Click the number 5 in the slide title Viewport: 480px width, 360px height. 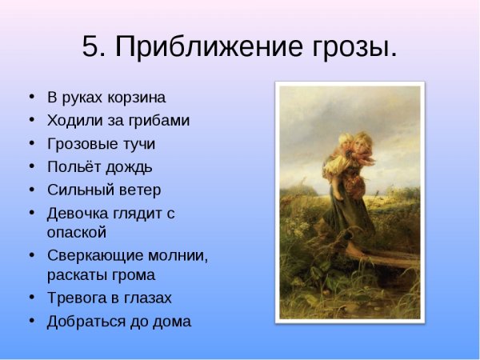(92, 47)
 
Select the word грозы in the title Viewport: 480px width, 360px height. (352, 47)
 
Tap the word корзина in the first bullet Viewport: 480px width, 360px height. (137, 98)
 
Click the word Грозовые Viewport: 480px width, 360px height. (81, 144)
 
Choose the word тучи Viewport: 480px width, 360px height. (138, 144)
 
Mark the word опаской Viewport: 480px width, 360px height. (77, 233)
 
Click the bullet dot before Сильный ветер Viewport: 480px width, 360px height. (32, 190)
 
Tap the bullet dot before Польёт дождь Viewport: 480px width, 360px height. (32, 167)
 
